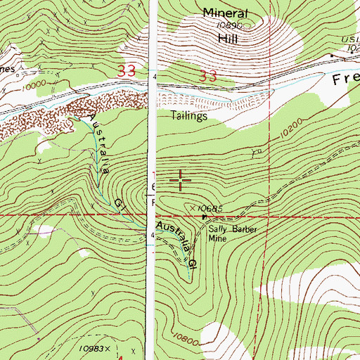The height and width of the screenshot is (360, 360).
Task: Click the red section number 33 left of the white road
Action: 127,72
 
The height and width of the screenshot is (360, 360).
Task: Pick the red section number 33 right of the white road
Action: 207,76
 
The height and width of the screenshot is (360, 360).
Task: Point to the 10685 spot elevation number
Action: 209,209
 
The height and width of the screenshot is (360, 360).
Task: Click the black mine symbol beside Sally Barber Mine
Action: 205,217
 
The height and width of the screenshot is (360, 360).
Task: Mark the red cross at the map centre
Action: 181,181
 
